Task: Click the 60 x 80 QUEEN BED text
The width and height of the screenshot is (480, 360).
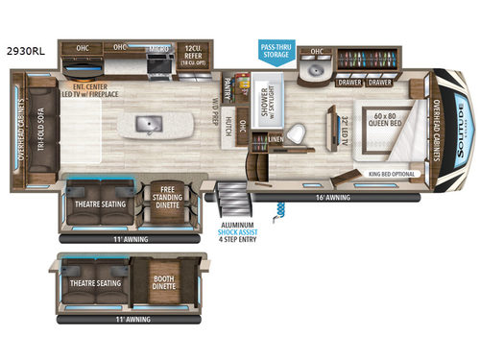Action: tap(384, 122)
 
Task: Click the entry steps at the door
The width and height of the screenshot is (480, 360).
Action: tap(231, 201)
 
